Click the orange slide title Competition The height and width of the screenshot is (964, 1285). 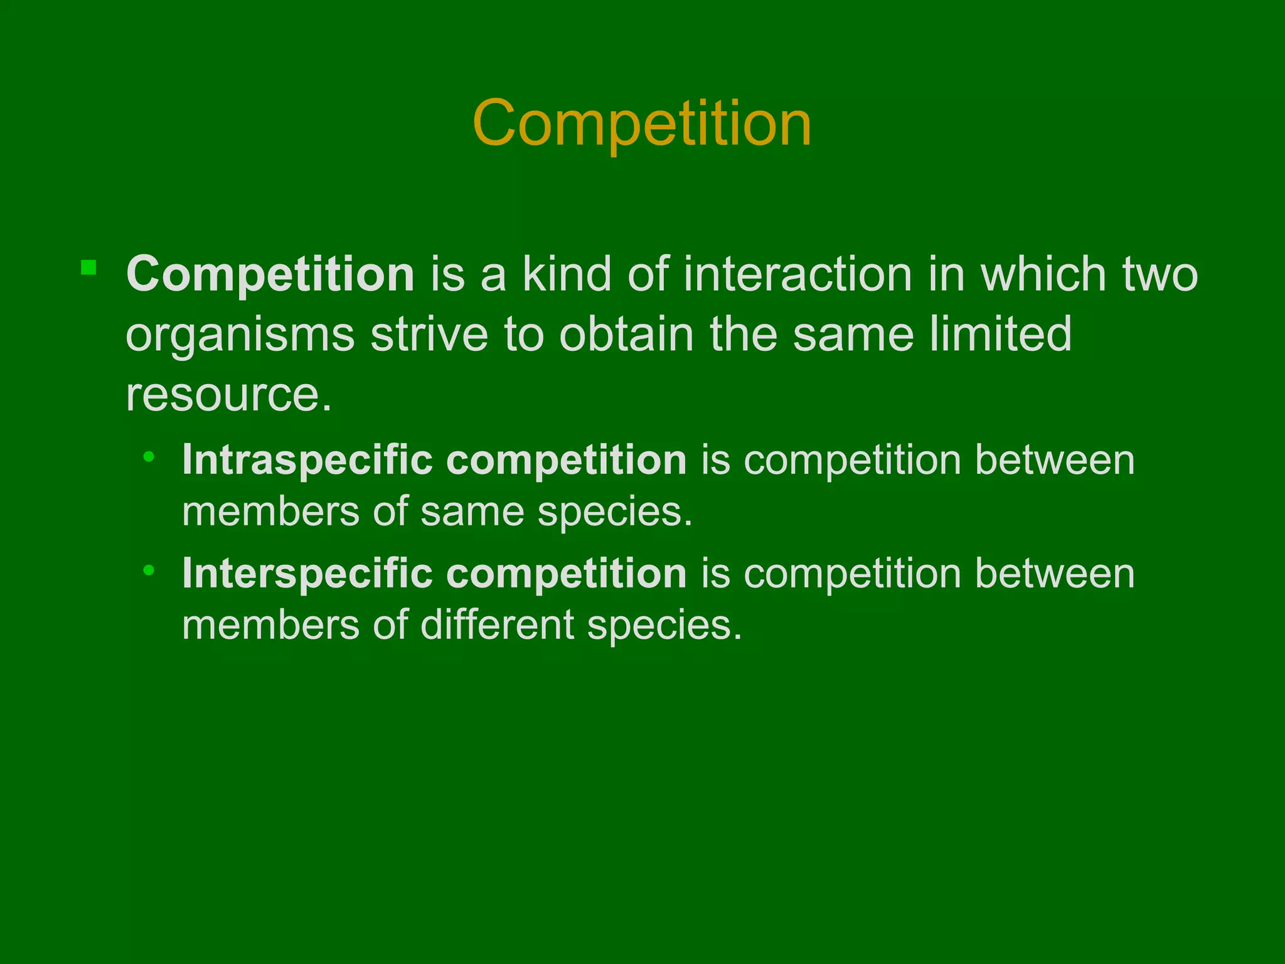pyautogui.click(x=642, y=124)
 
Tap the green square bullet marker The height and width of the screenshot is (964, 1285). pyautogui.click(x=88, y=268)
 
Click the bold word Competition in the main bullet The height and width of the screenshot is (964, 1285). pyautogui.click(x=270, y=275)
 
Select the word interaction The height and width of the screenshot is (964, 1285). pyautogui.click(x=797, y=274)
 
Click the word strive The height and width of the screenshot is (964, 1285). pyautogui.click(x=429, y=335)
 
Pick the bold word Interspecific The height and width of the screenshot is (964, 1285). pyautogui.click(x=307, y=574)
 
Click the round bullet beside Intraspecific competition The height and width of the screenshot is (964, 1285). pyautogui.click(x=149, y=457)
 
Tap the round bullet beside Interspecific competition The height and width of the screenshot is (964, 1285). pyautogui.click(x=149, y=570)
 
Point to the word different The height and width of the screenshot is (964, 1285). pyautogui.click(x=497, y=625)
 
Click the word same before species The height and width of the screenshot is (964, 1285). pyautogui.click(x=472, y=511)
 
